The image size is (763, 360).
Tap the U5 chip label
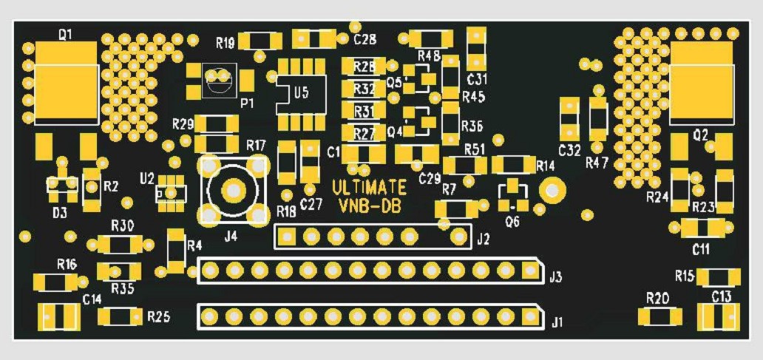click(x=301, y=92)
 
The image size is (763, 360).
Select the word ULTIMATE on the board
click(x=369, y=187)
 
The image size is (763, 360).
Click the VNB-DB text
click(x=370, y=207)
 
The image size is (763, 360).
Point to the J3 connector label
click(x=555, y=278)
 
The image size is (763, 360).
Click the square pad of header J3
click(x=529, y=269)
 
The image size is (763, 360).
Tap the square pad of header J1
click(x=529, y=316)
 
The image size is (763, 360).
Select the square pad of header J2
click(x=287, y=237)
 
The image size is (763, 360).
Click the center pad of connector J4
click(x=233, y=190)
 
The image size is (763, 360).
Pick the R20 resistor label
click(x=657, y=298)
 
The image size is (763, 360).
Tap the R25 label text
click(x=159, y=318)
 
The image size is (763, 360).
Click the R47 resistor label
click(x=597, y=163)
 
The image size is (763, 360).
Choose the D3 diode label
click(x=61, y=213)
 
